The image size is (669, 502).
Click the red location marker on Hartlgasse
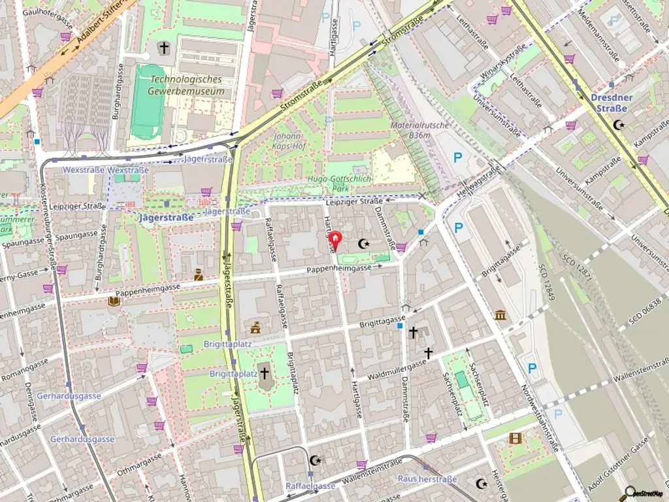[x=335, y=241]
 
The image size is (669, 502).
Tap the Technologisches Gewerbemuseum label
[x=186, y=85]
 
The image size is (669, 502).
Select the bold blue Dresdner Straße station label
[x=611, y=103]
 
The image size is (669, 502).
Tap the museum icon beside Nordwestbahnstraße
[x=501, y=316]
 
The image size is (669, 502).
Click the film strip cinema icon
[x=515, y=438]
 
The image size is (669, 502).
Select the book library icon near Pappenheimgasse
[x=114, y=301]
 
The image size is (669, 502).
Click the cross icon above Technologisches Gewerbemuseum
[x=163, y=48]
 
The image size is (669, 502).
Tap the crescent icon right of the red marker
[x=363, y=244]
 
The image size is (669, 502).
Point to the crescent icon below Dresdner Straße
[x=619, y=124]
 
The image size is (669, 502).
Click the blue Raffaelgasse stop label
[x=310, y=486]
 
